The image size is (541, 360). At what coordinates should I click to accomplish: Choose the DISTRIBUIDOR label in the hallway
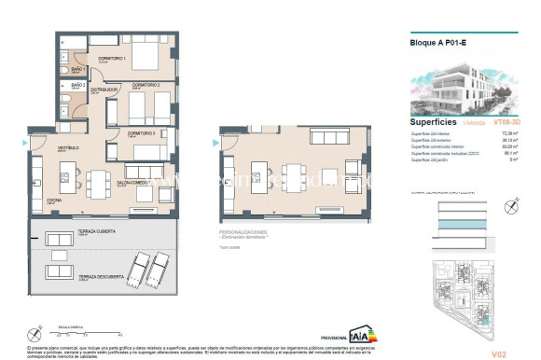[x=116, y=90]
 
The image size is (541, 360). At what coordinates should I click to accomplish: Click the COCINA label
[x=43, y=200]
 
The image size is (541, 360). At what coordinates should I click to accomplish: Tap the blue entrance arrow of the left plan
[x=25, y=143]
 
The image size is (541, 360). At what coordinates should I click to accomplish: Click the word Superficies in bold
[x=433, y=121]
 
